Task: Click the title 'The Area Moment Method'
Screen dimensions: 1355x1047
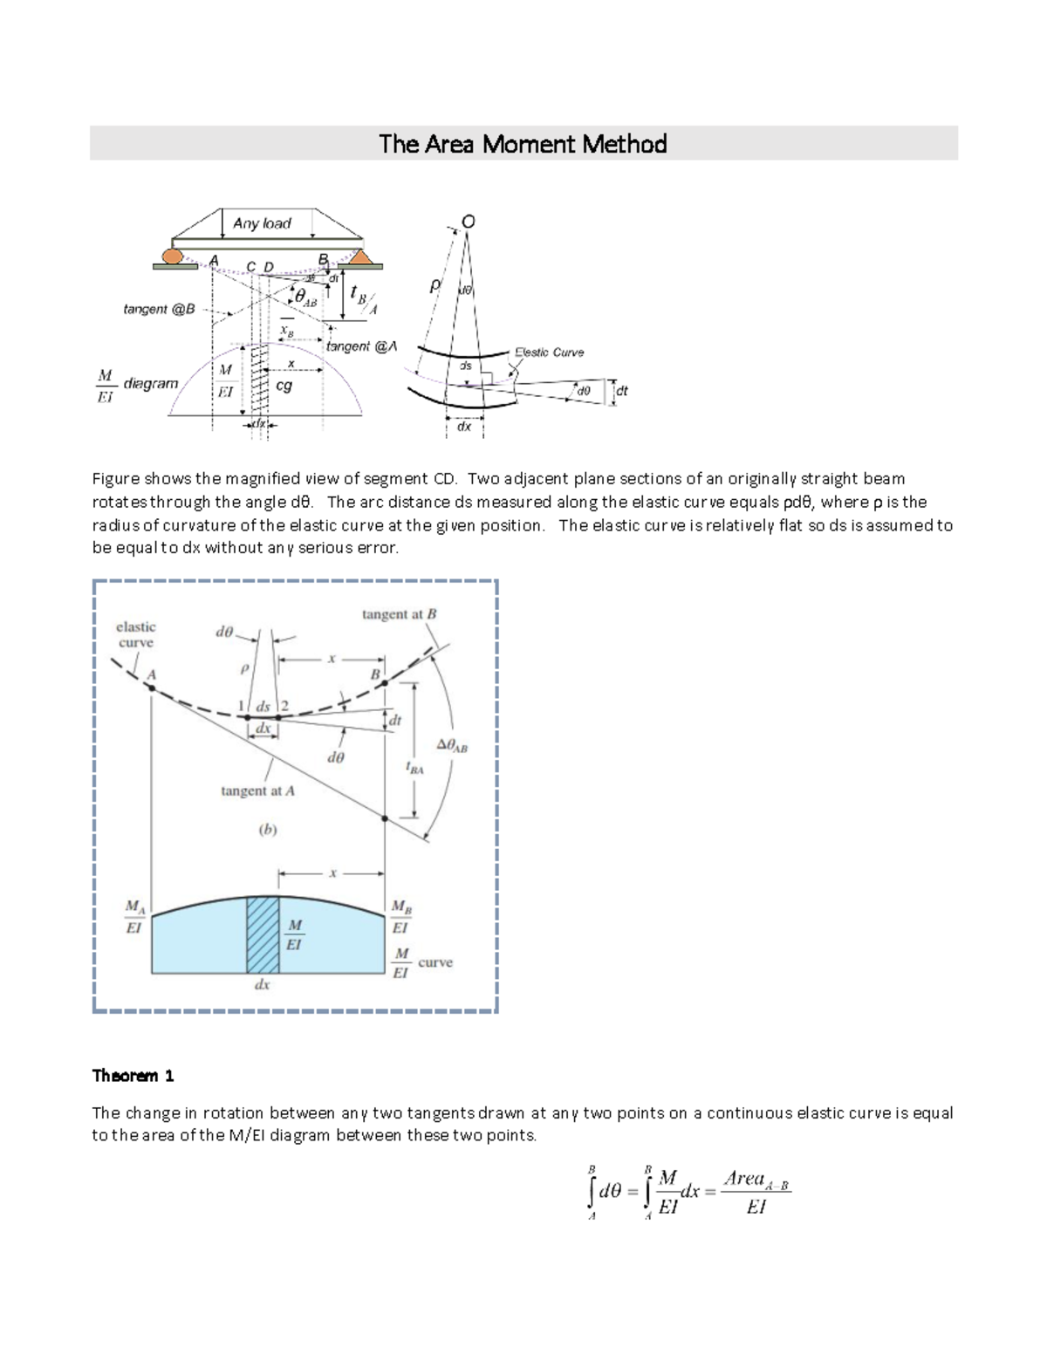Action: tap(523, 144)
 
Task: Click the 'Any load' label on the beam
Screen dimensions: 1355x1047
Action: tap(262, 223)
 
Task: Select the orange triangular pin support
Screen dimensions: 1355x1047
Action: tap(360, 257)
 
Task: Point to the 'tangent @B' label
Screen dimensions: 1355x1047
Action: tap(159, 310)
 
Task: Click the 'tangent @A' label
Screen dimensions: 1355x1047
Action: tap(361, 346)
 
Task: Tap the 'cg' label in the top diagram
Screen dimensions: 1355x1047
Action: tap(284, 385)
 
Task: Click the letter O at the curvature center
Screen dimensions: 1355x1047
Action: tap(469, 222)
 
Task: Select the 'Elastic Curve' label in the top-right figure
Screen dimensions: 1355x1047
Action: tap(549, 352)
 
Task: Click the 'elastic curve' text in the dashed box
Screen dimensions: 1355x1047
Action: tap(135, 634)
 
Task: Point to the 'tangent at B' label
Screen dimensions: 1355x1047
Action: tap(399, 614)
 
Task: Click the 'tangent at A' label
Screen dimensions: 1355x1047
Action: tap(257, 790)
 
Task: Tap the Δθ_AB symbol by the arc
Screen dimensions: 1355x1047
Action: tap(452, 745)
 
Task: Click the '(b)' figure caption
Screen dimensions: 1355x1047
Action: tap(268, 830)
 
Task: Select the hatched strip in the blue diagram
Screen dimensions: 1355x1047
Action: tap(263, 934)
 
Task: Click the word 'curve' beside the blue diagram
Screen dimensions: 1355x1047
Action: tap(435, 962)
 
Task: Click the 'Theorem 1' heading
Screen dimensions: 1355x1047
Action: tap(133, 1075)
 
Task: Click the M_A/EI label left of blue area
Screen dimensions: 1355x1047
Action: tap(134, 917)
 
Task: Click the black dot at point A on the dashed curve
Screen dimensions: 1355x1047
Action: tap(152, 688)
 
